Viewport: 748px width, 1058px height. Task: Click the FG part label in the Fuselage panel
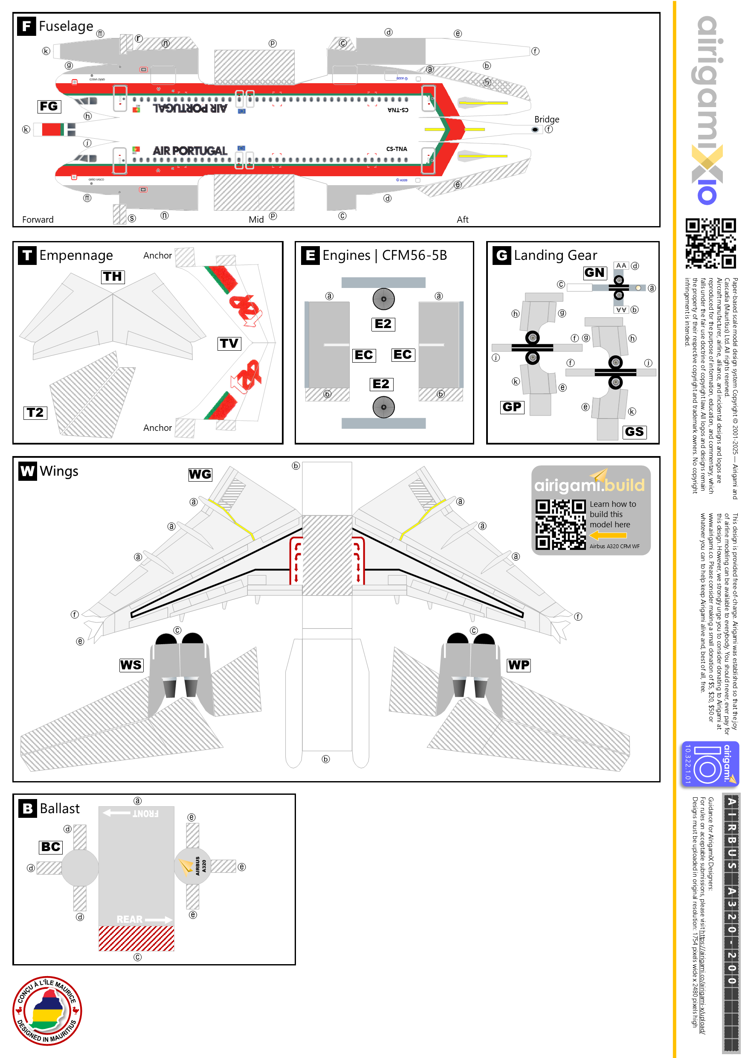49,107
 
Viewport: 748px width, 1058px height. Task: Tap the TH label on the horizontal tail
113,276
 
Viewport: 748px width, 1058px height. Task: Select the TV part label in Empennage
229,343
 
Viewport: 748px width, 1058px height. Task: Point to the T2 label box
35,413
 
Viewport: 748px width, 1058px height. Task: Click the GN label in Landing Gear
594,273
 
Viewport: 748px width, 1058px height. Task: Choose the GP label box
512,407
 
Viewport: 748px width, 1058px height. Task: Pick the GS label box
634,432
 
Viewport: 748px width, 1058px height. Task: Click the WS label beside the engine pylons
131,665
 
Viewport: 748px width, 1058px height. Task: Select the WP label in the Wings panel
519,665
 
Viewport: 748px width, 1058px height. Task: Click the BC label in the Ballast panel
51,847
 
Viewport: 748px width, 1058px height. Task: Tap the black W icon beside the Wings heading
27,471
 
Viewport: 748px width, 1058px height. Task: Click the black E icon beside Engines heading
310,255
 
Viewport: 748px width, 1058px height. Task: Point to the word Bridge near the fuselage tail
546,119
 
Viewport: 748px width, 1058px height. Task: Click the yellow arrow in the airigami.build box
608,535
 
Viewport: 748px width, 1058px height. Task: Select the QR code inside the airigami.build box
560,524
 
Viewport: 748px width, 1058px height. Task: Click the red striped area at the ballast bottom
136,938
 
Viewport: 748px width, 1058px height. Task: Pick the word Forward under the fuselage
38,220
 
